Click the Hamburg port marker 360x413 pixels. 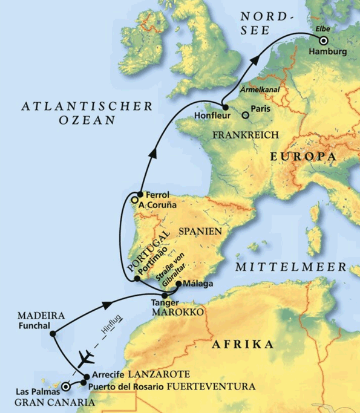[324, 41]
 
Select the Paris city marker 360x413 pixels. [245, 114]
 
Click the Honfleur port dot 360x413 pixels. [224, 107]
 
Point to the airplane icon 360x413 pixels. [85, 354]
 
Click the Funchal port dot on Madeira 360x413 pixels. [53, 333]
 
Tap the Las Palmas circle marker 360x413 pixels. [65, 383]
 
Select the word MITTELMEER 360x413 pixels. [290, 267]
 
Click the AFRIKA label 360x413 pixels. [241, 345]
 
